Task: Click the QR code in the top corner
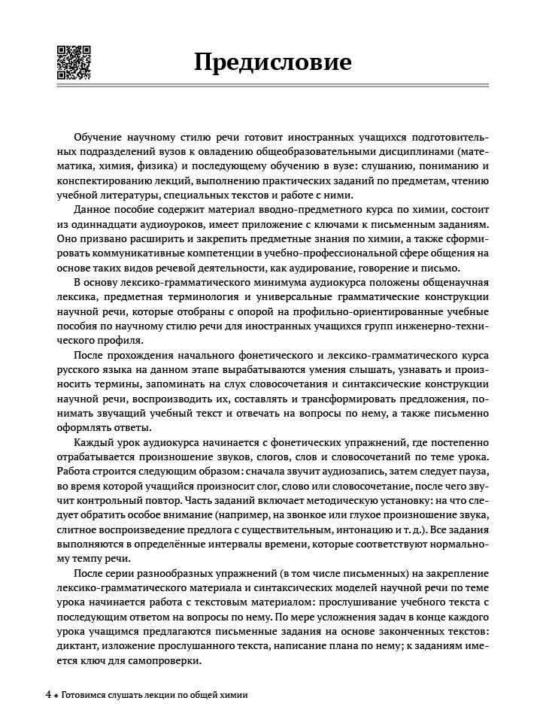click(x=74, y=62)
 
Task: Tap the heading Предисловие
click(x=272, y=61)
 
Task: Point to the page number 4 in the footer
click(x=48, y=695)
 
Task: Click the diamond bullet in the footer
click(x=56, y=696)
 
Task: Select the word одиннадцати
click(x=102, y=224)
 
